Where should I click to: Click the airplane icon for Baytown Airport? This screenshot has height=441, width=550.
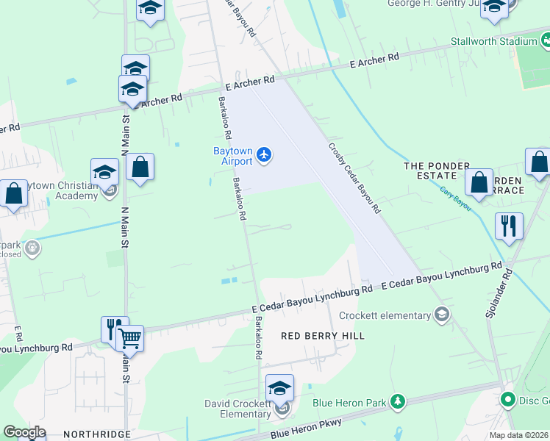tap(265, 155)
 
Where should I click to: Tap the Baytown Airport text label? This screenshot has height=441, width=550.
tap(232, 156)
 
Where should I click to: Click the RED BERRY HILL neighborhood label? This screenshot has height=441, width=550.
tap(323, 335)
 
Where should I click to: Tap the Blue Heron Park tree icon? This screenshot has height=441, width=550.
tap(397, 401)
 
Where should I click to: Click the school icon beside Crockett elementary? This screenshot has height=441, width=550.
tap(442, 316)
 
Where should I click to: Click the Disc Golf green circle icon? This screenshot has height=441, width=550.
tap(507, 401)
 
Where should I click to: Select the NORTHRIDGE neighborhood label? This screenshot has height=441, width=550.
tap(96, 434)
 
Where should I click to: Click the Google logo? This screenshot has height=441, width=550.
tap(25, 432)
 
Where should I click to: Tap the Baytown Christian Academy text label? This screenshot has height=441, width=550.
tap(60, 191)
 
